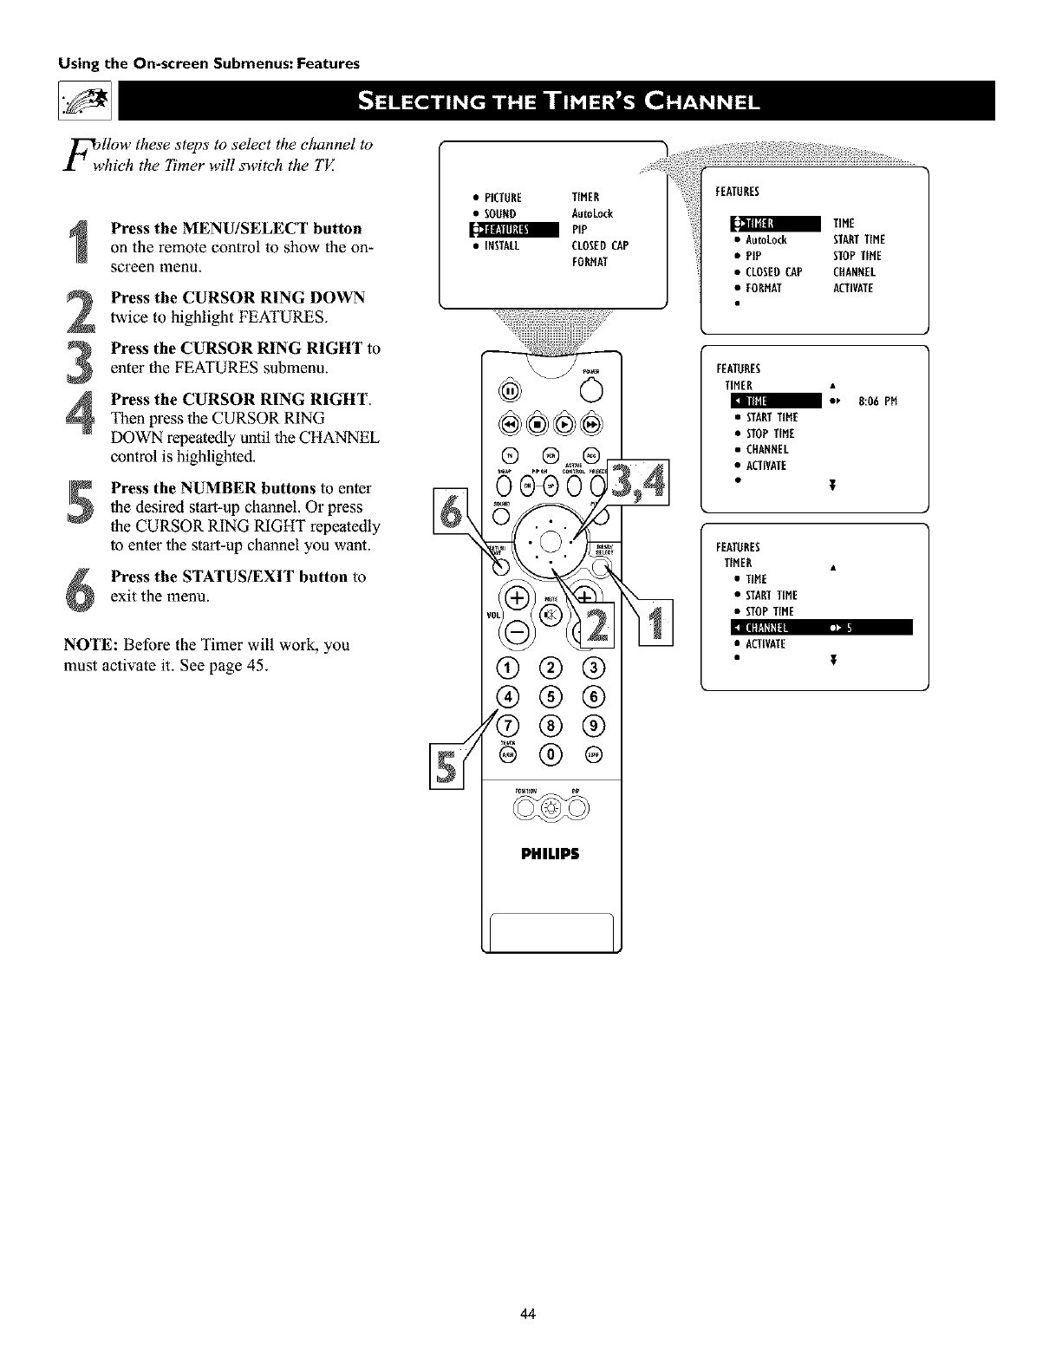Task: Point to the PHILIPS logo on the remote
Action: pos(550,853)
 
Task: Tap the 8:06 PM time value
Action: pos(877,401)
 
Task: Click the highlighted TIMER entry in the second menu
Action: pos(775,224)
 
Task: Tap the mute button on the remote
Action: pos(551,614)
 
